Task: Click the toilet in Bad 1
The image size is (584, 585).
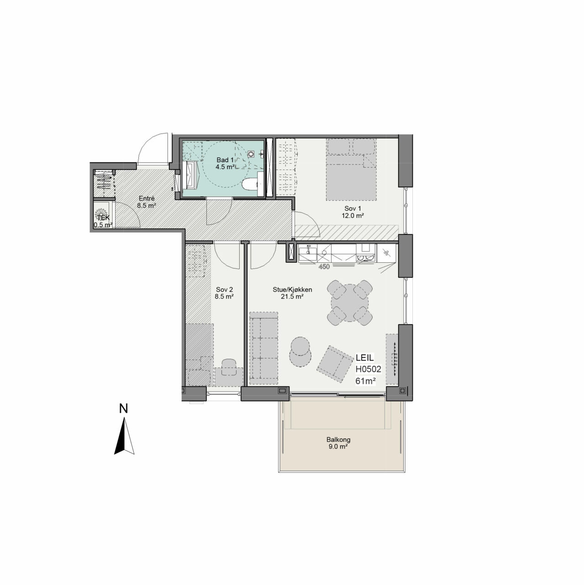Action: tap(250, 184)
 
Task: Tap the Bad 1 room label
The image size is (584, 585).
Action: tap(225, 163)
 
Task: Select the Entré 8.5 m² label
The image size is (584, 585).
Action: tap(146, 202)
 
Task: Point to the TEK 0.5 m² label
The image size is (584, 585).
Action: tap(103, 221)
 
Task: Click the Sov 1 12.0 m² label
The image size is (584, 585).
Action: tap(353, 212)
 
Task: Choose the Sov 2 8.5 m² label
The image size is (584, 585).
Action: tap(224, 293)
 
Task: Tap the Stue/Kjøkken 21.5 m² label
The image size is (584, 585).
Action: tap(292, 293)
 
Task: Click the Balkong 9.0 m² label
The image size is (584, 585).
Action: tap(338, 443)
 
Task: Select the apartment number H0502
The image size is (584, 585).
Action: tap(368, 369)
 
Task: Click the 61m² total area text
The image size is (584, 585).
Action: tap(366, 381)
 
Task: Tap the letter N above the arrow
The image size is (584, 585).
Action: tap(123, 409)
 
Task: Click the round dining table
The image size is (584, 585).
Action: tap(350, 303)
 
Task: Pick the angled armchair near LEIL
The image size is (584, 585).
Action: tap(335, 364)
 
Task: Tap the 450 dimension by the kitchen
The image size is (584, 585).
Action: tap(324, 267)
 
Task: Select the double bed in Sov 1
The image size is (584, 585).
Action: tap(351, 170)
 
